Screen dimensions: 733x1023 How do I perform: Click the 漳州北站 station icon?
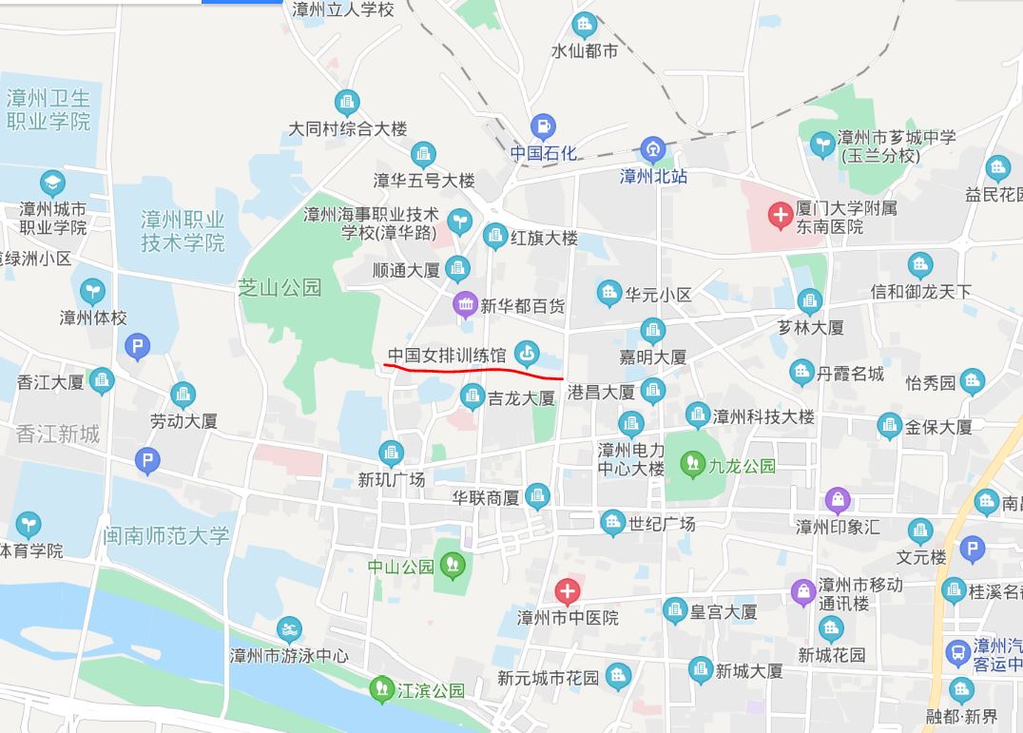tap(653, 149)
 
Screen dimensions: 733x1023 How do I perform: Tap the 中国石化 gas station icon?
tap(543, 126)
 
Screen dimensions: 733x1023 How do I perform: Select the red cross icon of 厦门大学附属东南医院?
tap(781, 217)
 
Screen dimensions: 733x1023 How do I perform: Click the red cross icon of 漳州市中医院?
tap(568, 592)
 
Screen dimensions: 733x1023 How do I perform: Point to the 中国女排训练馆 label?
tap(447, 356)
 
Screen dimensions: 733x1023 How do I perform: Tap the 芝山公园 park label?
tap(280, 287)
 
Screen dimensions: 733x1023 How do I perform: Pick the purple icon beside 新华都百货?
tap(464, 305)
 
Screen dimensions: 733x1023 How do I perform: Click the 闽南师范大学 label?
tap(167, 536)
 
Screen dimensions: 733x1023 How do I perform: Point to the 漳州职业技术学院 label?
tap(183, 231)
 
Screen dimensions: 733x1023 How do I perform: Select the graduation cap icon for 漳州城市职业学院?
tap(53, 183)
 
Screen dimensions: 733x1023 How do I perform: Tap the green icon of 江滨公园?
tap(381, 688)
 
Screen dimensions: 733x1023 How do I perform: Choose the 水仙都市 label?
tap(585, 50)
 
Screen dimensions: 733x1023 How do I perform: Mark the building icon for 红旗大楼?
tap(495, 236)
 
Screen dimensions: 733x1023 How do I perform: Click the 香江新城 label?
tap(57, 434)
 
